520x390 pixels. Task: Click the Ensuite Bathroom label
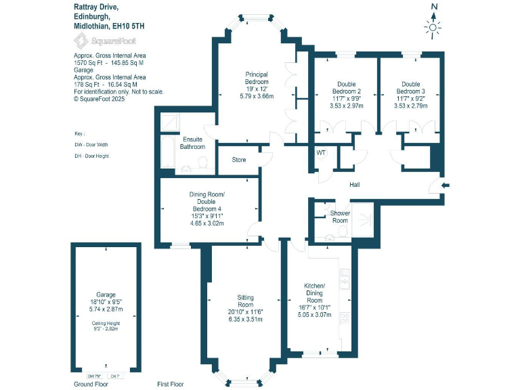(x=192, y=143)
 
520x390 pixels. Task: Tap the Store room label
(x=238, y=160)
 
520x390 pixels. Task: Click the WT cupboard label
(x=321, y=153)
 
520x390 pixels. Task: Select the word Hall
(x=354, y=185)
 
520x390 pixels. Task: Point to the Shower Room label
(x=339, y=217)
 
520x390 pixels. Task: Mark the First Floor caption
(x=170, y=384)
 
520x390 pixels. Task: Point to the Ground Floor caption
(x=91, y=384)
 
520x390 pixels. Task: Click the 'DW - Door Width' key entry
(x=91, y=145)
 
